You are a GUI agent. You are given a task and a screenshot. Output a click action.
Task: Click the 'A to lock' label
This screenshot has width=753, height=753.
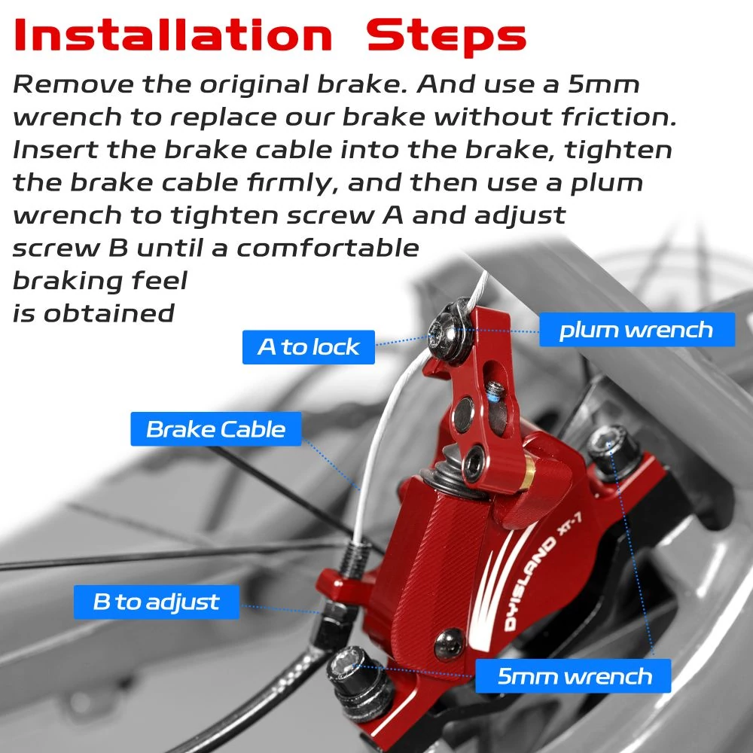coord(308,346)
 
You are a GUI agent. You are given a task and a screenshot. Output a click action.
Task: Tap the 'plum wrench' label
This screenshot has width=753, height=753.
coord(637,330)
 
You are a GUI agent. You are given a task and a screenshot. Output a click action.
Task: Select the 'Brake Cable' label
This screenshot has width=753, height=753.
coord(216,429)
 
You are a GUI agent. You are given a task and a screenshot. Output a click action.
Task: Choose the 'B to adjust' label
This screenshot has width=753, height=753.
coord(156,602)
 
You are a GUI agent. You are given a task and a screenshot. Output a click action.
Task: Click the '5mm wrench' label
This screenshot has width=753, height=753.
coord(573,675)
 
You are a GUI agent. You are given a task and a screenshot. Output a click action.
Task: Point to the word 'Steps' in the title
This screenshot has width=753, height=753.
coord(447,36)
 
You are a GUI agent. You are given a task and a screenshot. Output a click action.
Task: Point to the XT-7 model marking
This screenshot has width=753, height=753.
coord(570,523)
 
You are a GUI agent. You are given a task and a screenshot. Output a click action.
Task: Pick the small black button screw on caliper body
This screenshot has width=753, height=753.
coord(450,644)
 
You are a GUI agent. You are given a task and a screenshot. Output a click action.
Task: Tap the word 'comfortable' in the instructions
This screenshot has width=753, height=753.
coord(328,248)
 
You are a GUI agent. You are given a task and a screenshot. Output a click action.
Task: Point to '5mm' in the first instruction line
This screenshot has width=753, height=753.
coord(604,84)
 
